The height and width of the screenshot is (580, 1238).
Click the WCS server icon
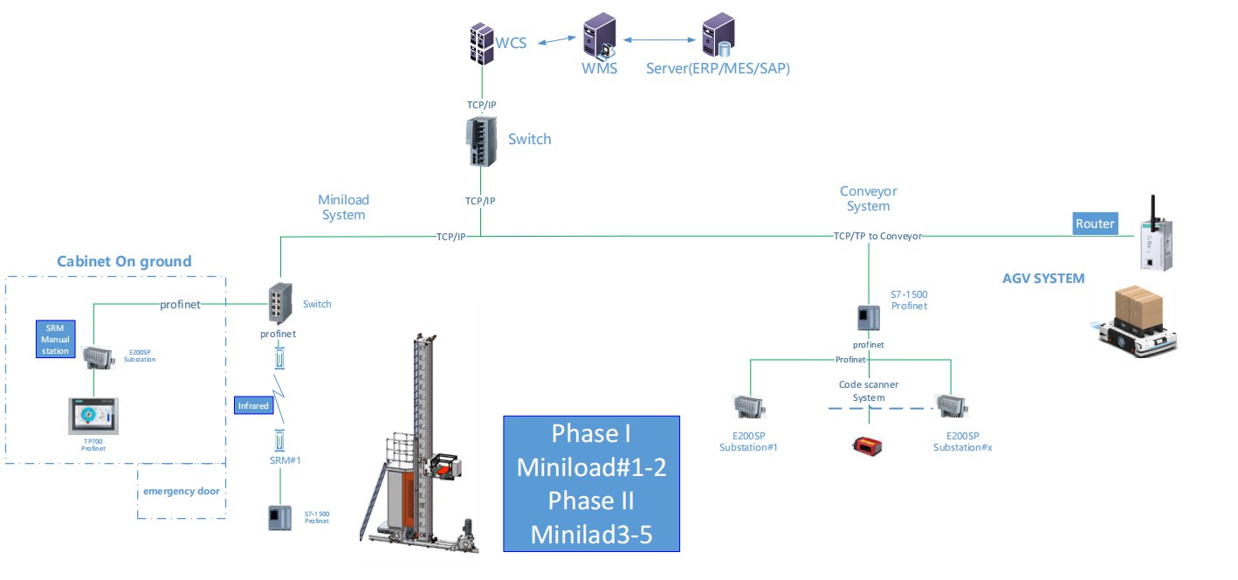tap(481, 44)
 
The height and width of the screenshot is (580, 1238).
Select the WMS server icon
tap(600, 36)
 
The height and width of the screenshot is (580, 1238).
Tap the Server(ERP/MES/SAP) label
tap(718, 68)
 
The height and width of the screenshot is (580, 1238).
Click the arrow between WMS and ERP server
tap(659, 40)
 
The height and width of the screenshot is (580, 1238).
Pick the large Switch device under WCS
tap(481, 142)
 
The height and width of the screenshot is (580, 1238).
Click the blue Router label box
tap(1095, 224)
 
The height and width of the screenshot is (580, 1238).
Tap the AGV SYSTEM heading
tap(1043, 278)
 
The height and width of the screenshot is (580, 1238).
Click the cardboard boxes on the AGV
tap(1139, 308)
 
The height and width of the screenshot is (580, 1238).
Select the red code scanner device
tap(867, 445)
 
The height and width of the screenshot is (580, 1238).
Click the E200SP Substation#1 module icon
tap(749, 407)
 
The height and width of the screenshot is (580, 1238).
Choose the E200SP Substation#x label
tap(962, 442)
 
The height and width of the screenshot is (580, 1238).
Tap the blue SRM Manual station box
tap(55, 339)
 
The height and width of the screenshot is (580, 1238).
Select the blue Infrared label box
tap(254, 405)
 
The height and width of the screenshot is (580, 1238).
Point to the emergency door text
tap(182, 491)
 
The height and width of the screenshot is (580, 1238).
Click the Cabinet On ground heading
tap(124, 261)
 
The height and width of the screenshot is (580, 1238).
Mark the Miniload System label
tap(343, 207)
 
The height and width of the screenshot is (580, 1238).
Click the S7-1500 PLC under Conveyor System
tap(868, 318)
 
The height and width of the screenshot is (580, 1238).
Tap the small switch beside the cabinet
tap(280, 303)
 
